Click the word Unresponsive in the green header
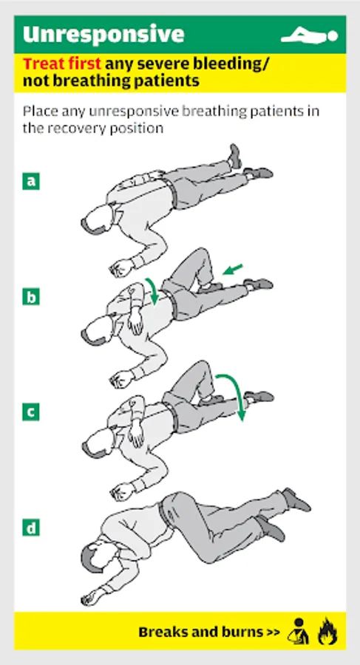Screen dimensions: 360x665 coord(103,34)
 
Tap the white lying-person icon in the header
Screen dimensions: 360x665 coord(310,35)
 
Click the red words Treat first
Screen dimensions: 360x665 coord(62,64)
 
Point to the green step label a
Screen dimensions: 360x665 coord(31,181)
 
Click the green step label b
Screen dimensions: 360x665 coord(31,297)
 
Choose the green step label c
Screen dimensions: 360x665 coord(31,412)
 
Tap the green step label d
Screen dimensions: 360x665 coord(31,528)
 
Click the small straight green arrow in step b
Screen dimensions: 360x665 coord(233,269)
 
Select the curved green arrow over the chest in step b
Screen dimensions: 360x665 coord(152,290)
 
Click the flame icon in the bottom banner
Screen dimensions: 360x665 coord(327,631)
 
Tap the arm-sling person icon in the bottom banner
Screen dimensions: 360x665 coord(298,631)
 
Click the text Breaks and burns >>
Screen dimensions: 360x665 coord(209,632)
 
